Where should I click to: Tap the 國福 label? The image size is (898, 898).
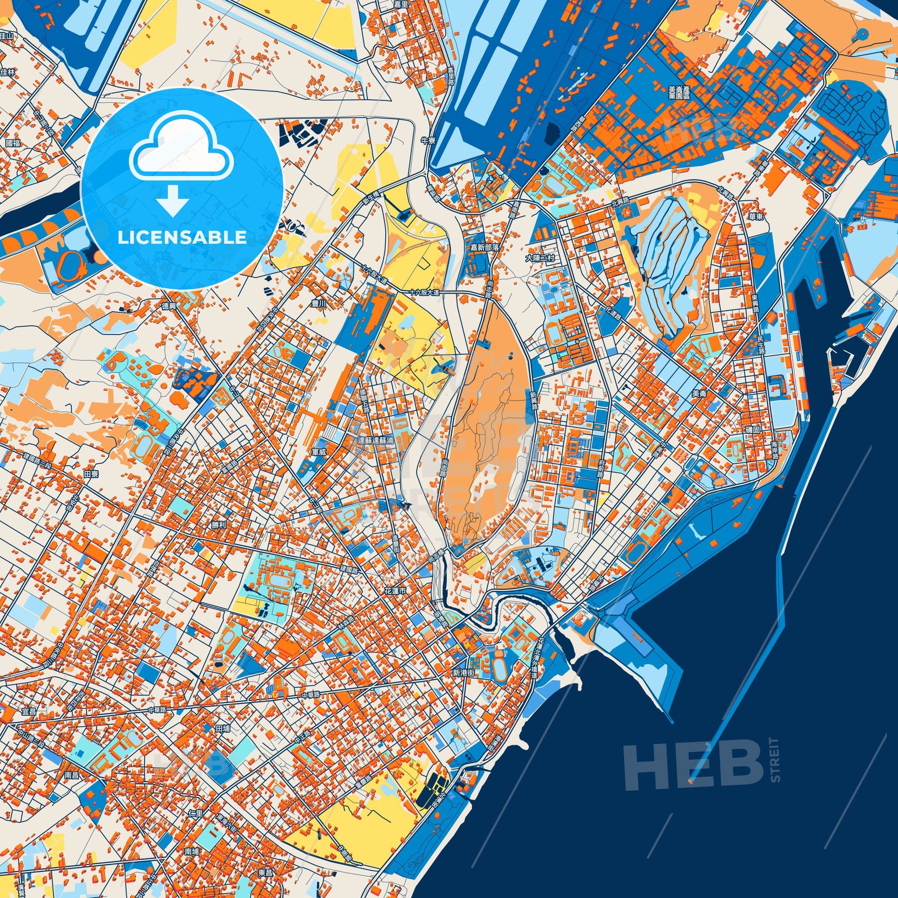coord(13,143)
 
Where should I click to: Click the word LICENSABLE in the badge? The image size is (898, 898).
coord(182,238)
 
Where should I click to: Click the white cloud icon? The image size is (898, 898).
coord(182,152)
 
